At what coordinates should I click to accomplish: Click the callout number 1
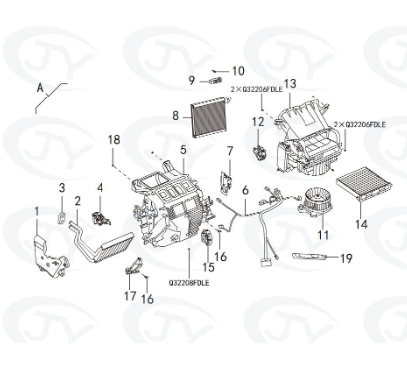click(37, 211)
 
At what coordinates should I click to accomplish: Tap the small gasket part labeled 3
click(62, 218)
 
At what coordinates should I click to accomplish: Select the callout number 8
click(175, 116)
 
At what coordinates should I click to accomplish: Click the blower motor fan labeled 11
click(314, 202)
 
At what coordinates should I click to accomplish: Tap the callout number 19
click(346, 258)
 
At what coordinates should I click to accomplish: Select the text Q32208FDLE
click(189, 283)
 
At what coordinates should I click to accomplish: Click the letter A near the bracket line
click(40, 88)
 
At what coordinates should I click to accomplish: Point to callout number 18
click(114, 140)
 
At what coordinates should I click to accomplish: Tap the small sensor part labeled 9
click(215, 80)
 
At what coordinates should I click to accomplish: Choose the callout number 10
click(238, 71)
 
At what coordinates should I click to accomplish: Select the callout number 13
click(290, 84)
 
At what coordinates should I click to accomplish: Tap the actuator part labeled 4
click(101, 218)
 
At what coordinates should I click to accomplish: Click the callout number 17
click(130, 296)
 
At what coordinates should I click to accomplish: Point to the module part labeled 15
click(206, 237)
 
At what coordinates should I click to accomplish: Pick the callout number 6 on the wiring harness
click(245, 190)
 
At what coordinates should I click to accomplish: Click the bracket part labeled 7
click(226, 182)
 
